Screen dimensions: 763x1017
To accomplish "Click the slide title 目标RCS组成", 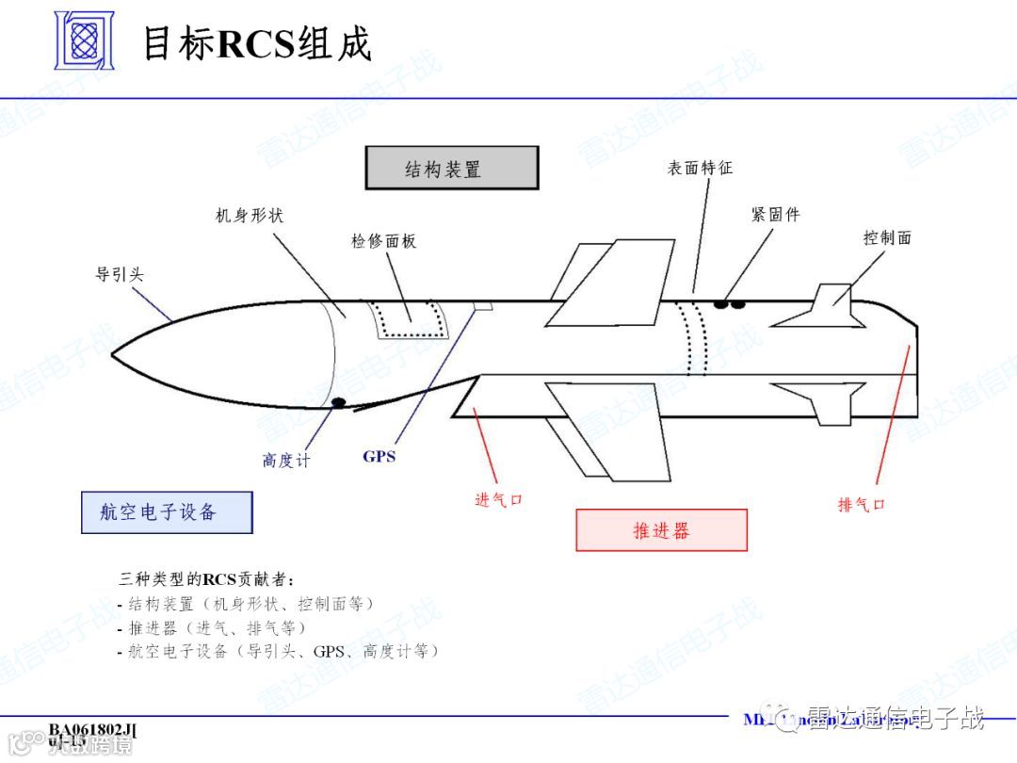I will pyautogui.click(x=256, y=43).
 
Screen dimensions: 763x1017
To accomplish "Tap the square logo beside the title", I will pyautogui.click(x=83, y=41).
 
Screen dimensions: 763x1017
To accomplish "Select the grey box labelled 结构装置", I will pyautogui.click(x=452, y=169).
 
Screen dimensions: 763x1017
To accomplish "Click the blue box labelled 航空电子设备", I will pyautogui.click(x=167, y=512).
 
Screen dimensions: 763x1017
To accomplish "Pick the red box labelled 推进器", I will pyautogui.click(x=661, y=530).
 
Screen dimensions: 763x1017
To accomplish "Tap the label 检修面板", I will pyautogui.click(x=383, y=241).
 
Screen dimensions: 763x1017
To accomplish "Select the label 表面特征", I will pyautogui.click(x=700, y=168).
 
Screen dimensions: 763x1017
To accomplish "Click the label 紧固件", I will pyautogui.click(x=775, y=214).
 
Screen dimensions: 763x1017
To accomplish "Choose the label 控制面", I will pyautogui.click(x=887, y=236).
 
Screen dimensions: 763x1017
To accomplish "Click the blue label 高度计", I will pyautogui.click(x=285, y=461).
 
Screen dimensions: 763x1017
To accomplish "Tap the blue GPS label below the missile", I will pyautogui.click(x=379, y=457).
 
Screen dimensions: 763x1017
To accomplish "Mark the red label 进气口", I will pyautogui.click(x=498, y=499).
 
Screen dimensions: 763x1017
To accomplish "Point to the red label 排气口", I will pyautogui.click(x=861, y=504).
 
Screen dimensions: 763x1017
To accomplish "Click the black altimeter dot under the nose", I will pyautogui.click(x=338, y=403).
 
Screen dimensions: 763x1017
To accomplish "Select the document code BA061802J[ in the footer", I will pyautogui.click(x=92, y=730).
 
